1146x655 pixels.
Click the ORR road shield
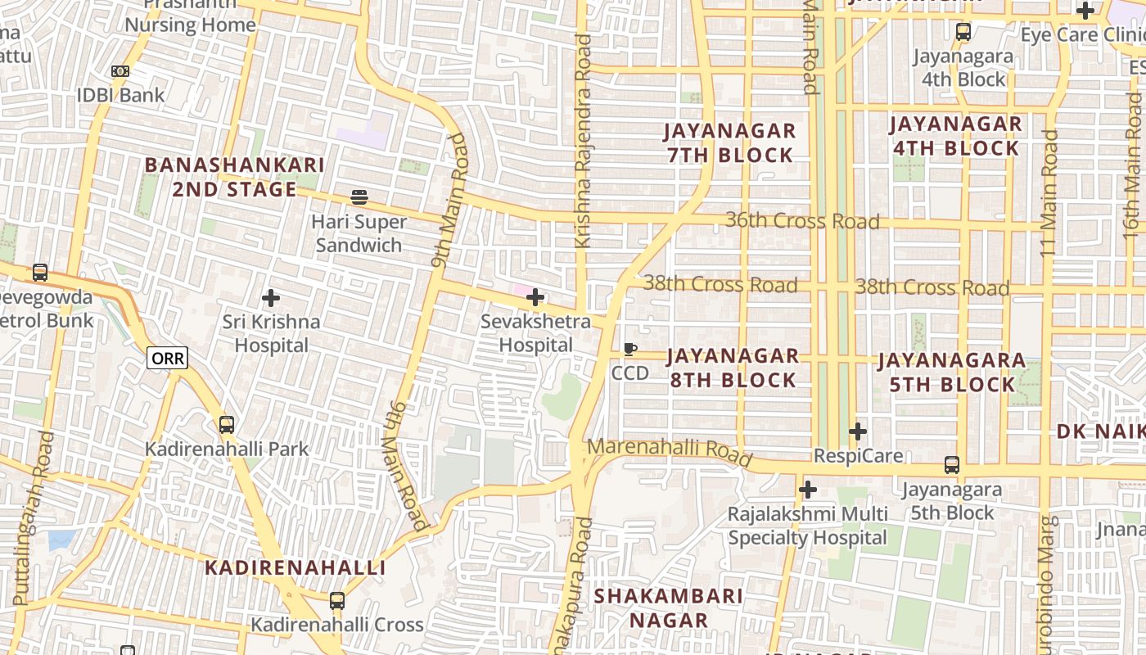pyautogui.click(x=167, y=358)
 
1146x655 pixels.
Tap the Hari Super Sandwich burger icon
pyautogui.click(x=359, y=197)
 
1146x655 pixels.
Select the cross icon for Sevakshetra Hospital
pyautogui.click(x=535, y=297)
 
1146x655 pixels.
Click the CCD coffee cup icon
pyautogui.click(x=629, y=350)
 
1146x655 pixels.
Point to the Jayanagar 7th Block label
pyautogui.click(x=729, y=142)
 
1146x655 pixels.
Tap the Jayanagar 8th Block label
pyautogui.click(x=733, y=368)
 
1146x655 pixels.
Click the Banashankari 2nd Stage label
pyautogui.click(x=235, y=177)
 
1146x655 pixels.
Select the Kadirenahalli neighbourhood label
pyautogui.click(x=295, y=567)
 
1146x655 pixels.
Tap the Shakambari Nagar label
pyautogui.click(x=669, y=608)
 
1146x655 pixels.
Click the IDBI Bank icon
pyautogui.click(x=120, y=71)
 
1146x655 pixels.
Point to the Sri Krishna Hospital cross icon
pyautogui.click(x=271, y=298)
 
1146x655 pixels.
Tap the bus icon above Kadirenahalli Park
pyautogui.click(x=227, y=425)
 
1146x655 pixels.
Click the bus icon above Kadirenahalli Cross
pyautogui.click(x=336, y=601)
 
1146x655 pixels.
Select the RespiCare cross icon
pyautogui.click(x=857, y=431)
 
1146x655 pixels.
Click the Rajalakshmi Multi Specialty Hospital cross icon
pyautogui.click(x=808, y=490)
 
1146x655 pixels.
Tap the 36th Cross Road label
pyautogui.click(x=802, y=221)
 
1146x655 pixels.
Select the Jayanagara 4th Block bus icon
pyautogui.click(x=963, y=33)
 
